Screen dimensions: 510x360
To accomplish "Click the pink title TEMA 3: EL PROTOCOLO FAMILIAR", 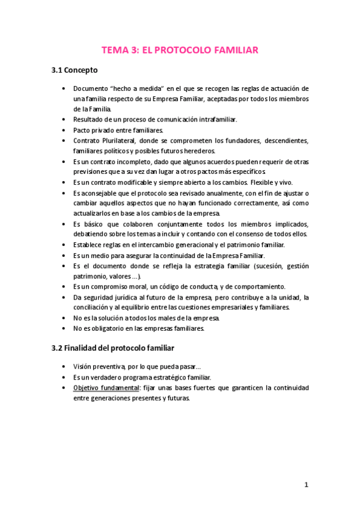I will coord(180,50).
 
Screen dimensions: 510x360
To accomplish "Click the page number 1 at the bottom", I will coord(306,485).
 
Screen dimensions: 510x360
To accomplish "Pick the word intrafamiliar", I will coord(213,119).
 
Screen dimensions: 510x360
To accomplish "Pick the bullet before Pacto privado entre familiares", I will coord(64,130).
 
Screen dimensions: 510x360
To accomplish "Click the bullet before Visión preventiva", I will coord(64,366).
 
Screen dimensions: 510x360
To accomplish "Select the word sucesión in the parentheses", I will coord(264,265).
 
